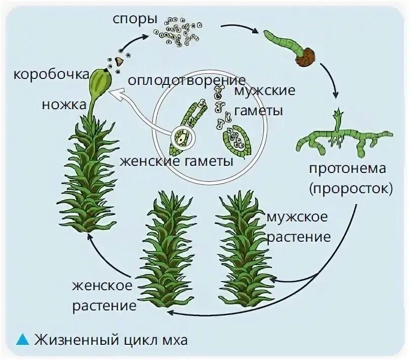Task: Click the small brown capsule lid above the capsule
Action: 119,61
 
